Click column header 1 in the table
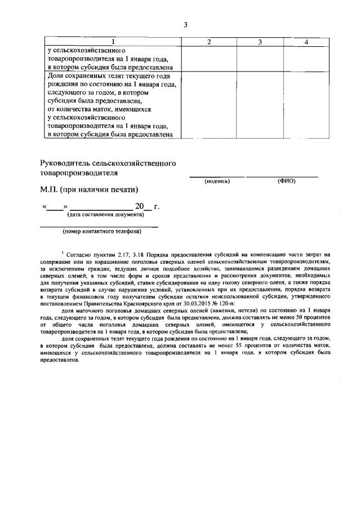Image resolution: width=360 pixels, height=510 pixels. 112,42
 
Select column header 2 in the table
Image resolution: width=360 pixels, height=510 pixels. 209,42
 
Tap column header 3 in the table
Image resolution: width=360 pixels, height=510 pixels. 260,42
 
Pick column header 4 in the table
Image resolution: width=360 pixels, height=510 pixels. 305,42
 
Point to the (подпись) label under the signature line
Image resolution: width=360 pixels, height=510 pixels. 217,181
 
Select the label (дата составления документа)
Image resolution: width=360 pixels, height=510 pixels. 105,215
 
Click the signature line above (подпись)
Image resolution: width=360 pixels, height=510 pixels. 216,176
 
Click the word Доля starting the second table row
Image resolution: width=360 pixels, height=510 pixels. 56,76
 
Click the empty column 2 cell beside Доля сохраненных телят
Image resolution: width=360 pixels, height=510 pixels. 209,104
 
